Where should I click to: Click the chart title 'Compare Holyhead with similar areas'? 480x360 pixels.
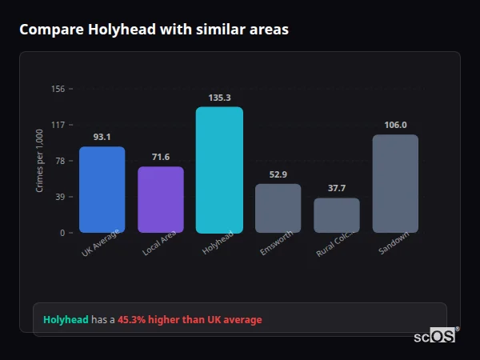[x=154, y=30]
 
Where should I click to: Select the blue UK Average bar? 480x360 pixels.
[x=102, y=190]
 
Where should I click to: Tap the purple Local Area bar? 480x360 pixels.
[x=161, y=199]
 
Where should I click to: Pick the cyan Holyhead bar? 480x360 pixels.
[x=219, y=170]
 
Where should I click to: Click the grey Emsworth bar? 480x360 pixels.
[x=278, y=208]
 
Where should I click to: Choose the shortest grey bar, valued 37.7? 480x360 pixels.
[x=337, y=215]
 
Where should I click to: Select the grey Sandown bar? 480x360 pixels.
[x=395, y=183]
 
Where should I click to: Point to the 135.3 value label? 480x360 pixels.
[x=219, y=98]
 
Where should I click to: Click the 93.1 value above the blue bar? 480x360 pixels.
[x=102, y=137]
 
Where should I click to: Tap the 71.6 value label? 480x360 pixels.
[x=161, y=157]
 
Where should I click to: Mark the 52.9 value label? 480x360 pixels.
[x=278, y=174]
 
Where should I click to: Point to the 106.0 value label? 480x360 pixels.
[x=395, y=125]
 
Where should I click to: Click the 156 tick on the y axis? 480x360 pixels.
[x=58, y=89]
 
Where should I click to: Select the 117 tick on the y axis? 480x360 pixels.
[x=58, y=125]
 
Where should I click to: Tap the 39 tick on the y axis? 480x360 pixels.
[x=59, y=197]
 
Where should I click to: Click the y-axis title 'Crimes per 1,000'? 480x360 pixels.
[x=39, y=161]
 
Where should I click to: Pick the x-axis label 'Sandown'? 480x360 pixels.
[x=394, y=243]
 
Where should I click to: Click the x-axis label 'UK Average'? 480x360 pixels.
[x=100, y=243]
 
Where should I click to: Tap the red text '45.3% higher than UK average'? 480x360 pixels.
[x=190, y=320]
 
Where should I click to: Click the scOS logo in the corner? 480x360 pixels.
[x=435, y=337]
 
